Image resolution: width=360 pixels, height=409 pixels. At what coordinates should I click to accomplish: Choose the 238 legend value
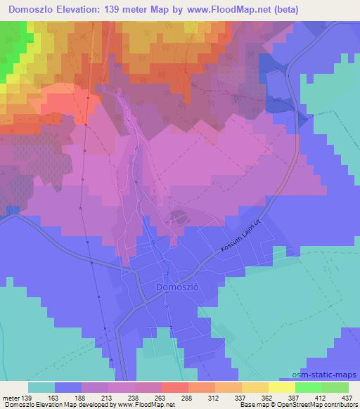tap(134, 398)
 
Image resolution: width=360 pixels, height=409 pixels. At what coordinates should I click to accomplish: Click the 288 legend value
tap(187, 398)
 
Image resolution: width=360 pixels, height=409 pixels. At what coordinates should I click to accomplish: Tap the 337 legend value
tap(240, 398)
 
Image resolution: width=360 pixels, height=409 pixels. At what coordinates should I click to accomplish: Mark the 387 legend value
tap(292, 398)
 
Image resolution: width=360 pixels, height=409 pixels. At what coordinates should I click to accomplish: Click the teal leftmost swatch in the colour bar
tap(41, 387)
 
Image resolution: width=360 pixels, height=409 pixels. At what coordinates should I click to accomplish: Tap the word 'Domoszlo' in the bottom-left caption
tap(18, 405)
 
